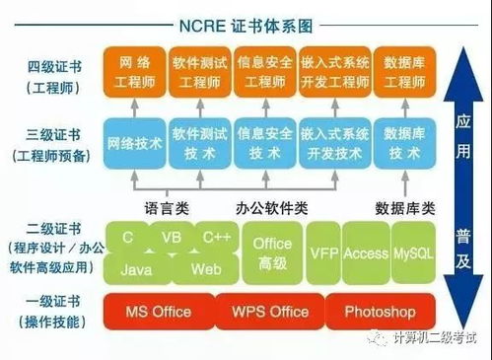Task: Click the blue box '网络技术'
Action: [135, 142]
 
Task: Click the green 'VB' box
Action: [171, 239]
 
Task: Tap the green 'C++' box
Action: [217, 239]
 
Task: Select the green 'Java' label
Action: [138, 268]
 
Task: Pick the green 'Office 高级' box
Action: [272, 252]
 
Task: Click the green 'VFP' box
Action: [324, 253]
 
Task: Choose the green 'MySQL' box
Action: [412, 253]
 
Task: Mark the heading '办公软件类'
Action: [272, 207]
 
